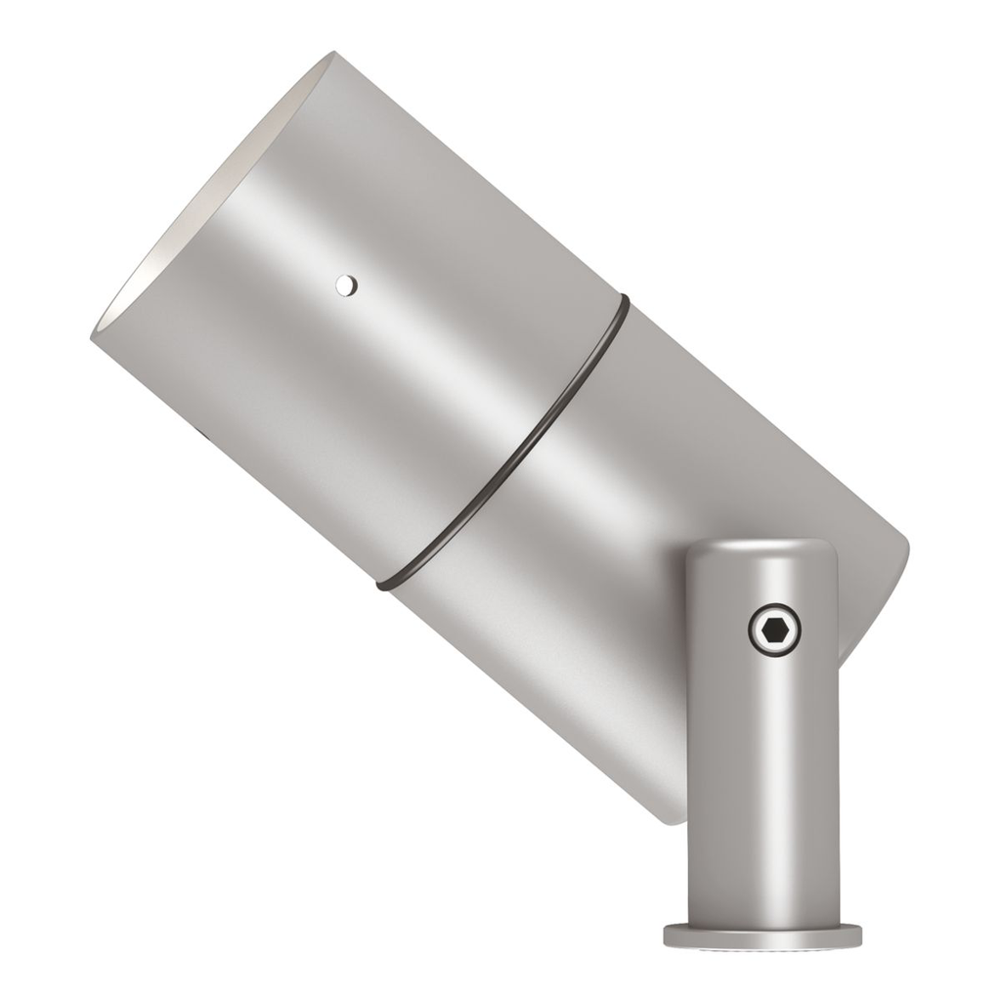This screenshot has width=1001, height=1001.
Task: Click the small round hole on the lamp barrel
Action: tap(344, 285)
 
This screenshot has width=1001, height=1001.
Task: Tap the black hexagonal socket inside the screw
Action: tap(774, 632)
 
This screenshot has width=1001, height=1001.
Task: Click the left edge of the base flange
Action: tap(667, 936)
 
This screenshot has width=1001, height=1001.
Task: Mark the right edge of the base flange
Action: tap(859, 936)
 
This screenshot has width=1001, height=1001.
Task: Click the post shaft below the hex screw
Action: tap(762, 782)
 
